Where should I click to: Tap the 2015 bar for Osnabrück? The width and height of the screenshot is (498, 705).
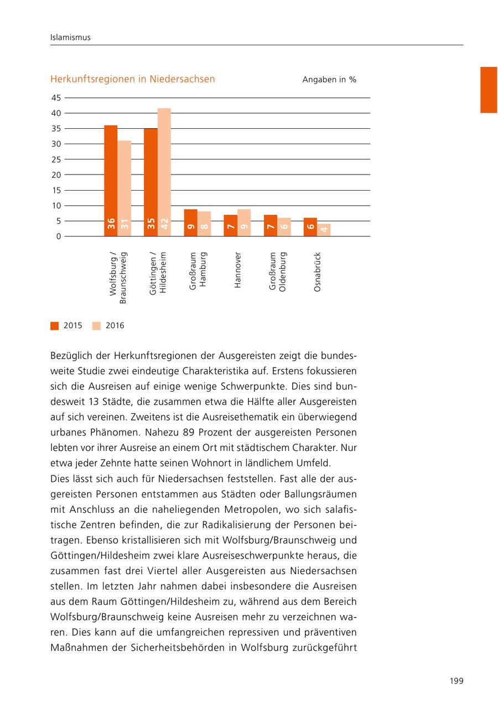pyautogui.click(x=310, y=227)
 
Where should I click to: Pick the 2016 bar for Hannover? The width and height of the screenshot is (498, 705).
pyautogui.click(x=244, y=223)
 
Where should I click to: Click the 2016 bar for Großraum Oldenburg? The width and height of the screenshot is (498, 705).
pyautogui.click(x=284, y=227)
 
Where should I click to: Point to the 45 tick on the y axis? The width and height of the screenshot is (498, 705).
pyautogui.click(x=56, y=98)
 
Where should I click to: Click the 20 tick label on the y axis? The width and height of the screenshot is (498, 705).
pyautogui.click(x=56, y=175)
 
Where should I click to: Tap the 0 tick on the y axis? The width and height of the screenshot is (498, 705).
pyautogui.click(x=58, y=236)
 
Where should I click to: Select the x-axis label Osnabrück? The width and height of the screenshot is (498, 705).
pyautogui.click(x=317, y=272)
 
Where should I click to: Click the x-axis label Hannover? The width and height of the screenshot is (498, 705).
pyautogui.click(x=237, y=270)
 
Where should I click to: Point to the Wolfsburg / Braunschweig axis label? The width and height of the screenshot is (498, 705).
pyautogui.click(x=117, y=278)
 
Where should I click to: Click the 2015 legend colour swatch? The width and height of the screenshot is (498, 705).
pyautogui.click(x=54, y=326)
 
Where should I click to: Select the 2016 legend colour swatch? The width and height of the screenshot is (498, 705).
pyautogui.click(x=96, y=326)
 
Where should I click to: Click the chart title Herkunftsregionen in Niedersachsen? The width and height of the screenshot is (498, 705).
pyautogui.click(x=132, y=79)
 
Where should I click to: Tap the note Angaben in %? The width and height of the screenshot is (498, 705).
pyautogui.click(x=329, y=80)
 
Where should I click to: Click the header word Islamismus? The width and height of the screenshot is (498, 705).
pyautogui.click(x=70, y=38)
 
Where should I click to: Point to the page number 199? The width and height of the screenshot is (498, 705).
pyautogui.click(x=456, y=680)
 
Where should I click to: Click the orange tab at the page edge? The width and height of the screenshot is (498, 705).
pyautogui.click(x=489, y=90)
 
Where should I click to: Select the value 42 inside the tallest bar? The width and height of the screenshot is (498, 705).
pyautogui.click(x=164, y=224)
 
